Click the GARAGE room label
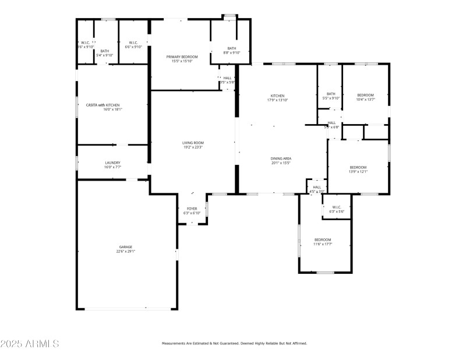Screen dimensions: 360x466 coord(125,247)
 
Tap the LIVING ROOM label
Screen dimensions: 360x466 coord(193,143)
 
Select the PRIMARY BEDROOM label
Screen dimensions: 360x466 coord(182,57)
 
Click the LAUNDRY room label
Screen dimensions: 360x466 coord(112,163)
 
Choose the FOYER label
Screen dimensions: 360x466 coord(192,209)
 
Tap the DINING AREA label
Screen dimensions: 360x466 coord(280,158)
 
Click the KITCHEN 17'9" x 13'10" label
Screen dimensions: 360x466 coord(277,96)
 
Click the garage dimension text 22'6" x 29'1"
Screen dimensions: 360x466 coord(125,252)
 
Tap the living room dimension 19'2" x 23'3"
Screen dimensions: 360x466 coord(193,147)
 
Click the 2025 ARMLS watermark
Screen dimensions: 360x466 coord(30,344)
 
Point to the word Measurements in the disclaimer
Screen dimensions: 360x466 coord(174,344)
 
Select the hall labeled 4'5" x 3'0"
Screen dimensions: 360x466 coord(317,189)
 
